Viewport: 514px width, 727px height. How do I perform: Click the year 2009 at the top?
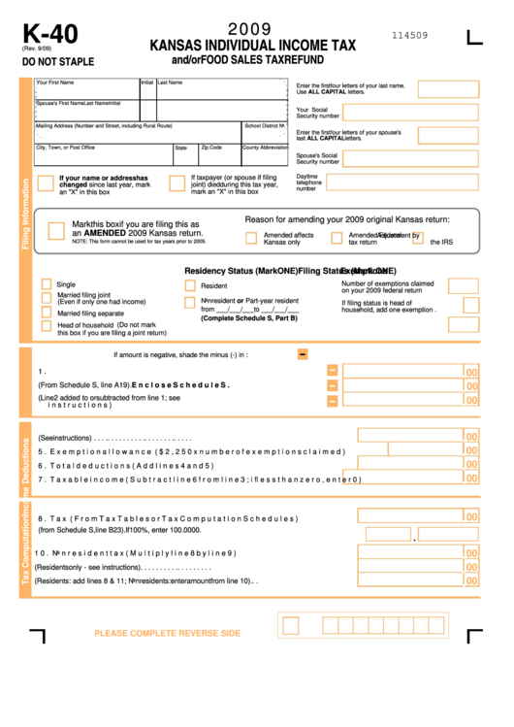(x=249, y=30)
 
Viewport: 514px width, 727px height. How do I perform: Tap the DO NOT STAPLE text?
(x=58, y=62)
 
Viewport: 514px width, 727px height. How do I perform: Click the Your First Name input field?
(x=86, y=93)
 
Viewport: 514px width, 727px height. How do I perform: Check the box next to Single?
(x=47, y=284)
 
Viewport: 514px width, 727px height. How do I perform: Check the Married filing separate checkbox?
(x=47, y=313)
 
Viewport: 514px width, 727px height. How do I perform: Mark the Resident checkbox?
(x=190, y=286)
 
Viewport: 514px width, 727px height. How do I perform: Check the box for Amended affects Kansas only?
(x=251, y=237)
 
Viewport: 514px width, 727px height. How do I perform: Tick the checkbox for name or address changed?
(x=46, y=183)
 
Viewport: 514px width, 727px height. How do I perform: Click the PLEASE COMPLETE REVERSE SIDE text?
(x=167, y=634)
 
